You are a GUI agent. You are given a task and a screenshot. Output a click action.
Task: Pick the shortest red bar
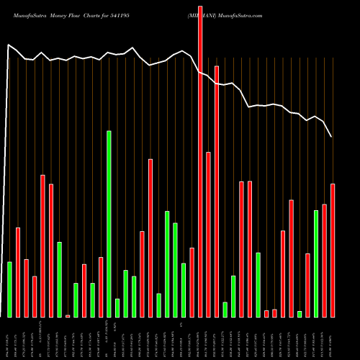[68, 315]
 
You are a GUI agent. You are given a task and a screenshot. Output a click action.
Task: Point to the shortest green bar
[300, 313]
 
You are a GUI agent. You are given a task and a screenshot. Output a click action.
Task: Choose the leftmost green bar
[9, 289]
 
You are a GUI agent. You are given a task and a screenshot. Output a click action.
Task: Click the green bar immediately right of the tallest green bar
[117, 307]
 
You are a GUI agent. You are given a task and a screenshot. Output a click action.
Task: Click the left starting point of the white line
[8, 45]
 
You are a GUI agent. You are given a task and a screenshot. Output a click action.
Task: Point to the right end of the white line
[331, 136]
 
